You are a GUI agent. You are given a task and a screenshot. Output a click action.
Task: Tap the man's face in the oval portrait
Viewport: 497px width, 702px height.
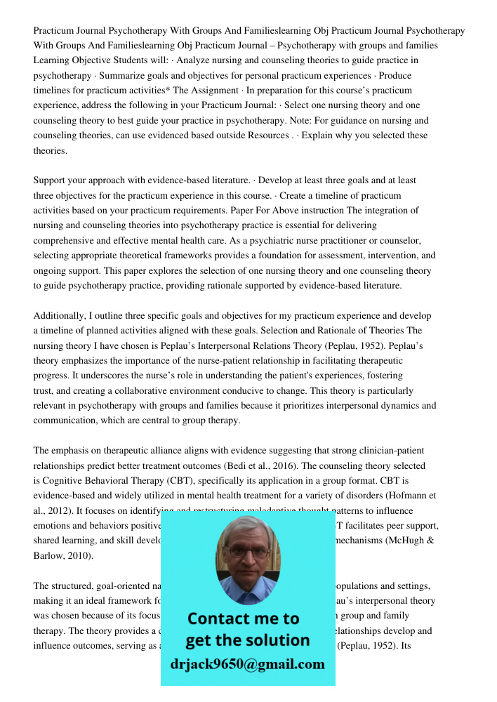246,554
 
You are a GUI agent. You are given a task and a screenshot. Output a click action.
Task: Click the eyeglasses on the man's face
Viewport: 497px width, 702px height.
246,551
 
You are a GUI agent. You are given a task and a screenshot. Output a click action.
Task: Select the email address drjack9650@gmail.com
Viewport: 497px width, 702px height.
248,664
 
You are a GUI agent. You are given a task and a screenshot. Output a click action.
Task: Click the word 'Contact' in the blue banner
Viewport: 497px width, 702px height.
215,618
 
